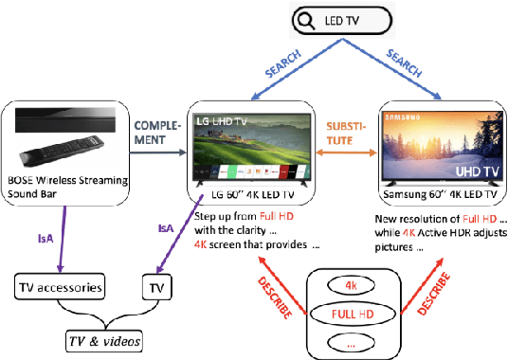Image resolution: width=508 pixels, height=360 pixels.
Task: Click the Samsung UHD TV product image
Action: pyautogui.click(x=438, y=147)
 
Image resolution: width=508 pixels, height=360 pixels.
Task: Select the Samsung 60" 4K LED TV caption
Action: pyautogui.click(x=438, y=194)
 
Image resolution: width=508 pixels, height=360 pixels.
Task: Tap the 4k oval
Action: pyautogui.click(x=352, y=283)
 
